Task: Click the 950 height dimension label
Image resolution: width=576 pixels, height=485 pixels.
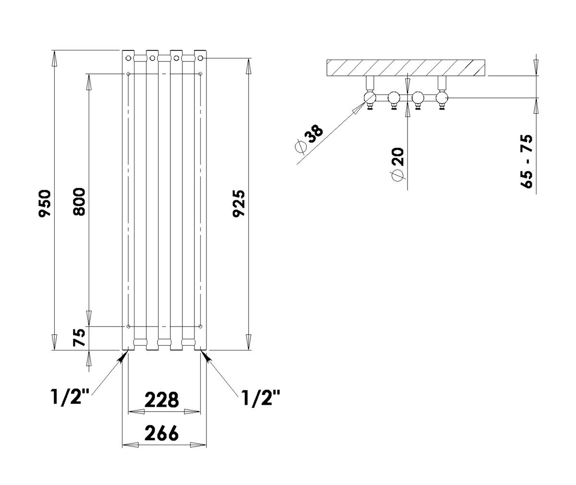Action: pos(45,204)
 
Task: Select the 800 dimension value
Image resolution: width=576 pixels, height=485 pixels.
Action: pos(79,202)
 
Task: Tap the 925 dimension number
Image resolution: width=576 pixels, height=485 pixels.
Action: pos(239,204)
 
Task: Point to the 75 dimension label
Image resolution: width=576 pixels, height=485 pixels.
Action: pos(79,338)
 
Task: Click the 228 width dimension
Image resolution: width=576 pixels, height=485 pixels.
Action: pos(162,400)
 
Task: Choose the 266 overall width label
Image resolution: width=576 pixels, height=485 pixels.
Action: pos(162,433)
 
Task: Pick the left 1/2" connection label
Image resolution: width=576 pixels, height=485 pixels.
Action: pos(71,397)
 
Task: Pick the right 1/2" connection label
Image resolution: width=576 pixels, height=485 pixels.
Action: pos(261,398)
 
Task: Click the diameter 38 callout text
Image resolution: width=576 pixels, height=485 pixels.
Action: pos(309,139)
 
